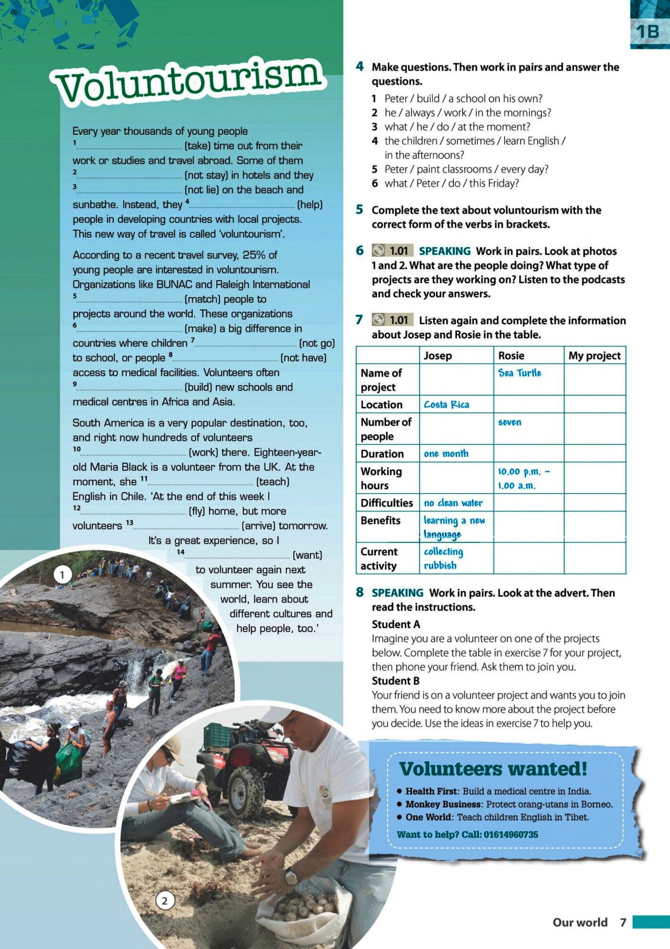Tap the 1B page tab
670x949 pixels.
tap(648, 32)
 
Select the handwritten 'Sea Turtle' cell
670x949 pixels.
tap(519, 373)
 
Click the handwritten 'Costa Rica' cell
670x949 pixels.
tap(446, 405)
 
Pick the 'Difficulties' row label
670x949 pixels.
tap(386, 503)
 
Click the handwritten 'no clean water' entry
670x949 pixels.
tap(453, 503)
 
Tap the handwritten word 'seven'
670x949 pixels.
tap(509, 422)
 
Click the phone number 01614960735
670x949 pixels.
tap(511, 835)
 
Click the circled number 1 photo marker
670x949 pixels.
tap(62, 575)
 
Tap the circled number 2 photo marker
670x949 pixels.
tap(164, 901)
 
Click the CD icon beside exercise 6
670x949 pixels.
tap(379, 251)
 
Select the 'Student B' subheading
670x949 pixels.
tap(395, 681)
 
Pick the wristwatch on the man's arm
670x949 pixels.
tap(291, 874)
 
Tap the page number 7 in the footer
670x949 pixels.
tap(623, 923)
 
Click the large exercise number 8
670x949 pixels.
tap(360, 593)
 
